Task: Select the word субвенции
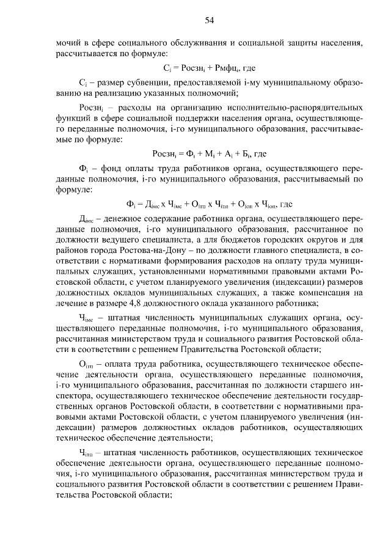point(136,82)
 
